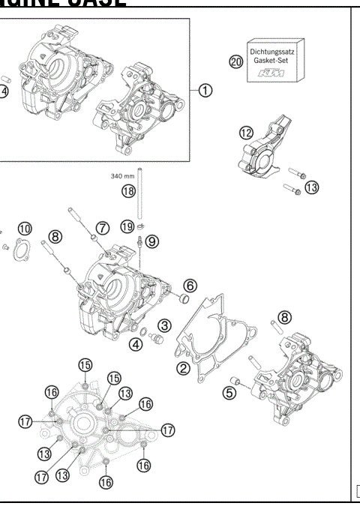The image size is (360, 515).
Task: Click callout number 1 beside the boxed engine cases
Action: tap(204, 90)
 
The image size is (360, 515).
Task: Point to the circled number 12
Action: tap(246, 133)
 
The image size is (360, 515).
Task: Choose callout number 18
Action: tap(129, 191)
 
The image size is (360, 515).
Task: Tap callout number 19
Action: tap(127, 226)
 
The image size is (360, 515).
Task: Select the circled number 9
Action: tap(152, 241)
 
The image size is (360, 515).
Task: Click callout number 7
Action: tap(103, 226)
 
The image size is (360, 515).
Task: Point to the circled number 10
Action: tap(25, 228)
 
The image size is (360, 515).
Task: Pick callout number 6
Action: tap(190, 285)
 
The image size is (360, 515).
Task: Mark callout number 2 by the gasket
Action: tap(182, 367)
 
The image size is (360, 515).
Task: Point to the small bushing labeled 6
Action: tap(181, 301)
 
